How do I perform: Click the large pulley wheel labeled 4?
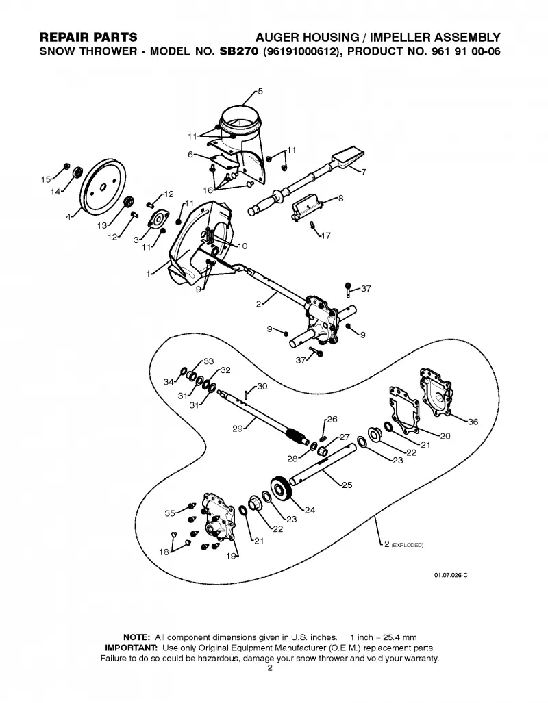(x=103, y=188)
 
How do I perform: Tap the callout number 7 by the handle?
(x=364, y=172)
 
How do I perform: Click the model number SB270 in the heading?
(x=239, y=51)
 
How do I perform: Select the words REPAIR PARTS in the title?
(x=88, y=37)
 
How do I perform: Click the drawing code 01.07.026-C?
(x=451, y=575)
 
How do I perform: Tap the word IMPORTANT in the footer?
(x=131, y=648)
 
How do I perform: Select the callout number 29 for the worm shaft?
(x=238, y=429)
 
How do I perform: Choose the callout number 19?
(x=231, y=557)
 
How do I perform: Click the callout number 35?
(x=170, y=513)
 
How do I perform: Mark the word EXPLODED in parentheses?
(x=408, y=545)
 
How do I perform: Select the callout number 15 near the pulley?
(x=46, y=179)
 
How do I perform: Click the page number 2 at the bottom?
(x=270, y=669)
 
